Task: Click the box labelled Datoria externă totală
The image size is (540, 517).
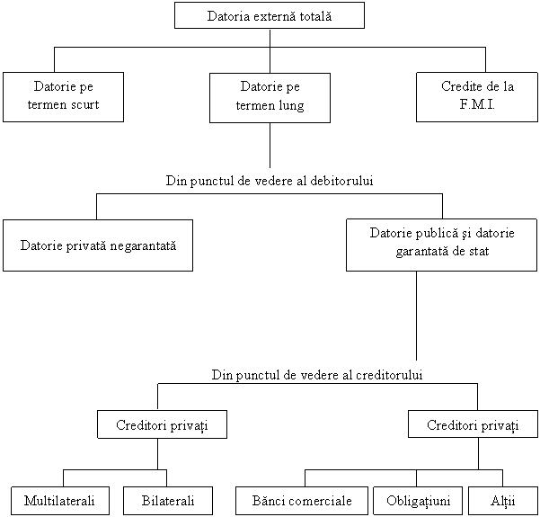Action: coord(270,15)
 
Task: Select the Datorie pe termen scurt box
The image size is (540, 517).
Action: coord(64,97)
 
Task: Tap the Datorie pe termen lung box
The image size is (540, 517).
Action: coord(270,97)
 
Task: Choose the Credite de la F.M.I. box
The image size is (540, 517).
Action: coord(477,97)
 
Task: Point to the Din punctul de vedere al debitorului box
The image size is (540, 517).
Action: coord(270,181)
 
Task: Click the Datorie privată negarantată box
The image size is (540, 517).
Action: coord(98,245)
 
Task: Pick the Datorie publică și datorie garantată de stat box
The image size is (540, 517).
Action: coord(442,244)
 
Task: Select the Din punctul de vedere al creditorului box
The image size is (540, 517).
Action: coord(317,374)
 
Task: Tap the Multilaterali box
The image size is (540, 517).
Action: coord(60,501)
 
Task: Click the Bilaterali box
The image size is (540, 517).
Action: coord(168,501)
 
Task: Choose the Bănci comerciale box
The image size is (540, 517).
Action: coord(302,501)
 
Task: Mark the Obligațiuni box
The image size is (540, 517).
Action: coord(418,501)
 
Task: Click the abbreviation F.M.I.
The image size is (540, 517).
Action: coord(477,105)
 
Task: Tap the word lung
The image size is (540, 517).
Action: coord(291,105)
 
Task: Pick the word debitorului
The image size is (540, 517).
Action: coord(364,181)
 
